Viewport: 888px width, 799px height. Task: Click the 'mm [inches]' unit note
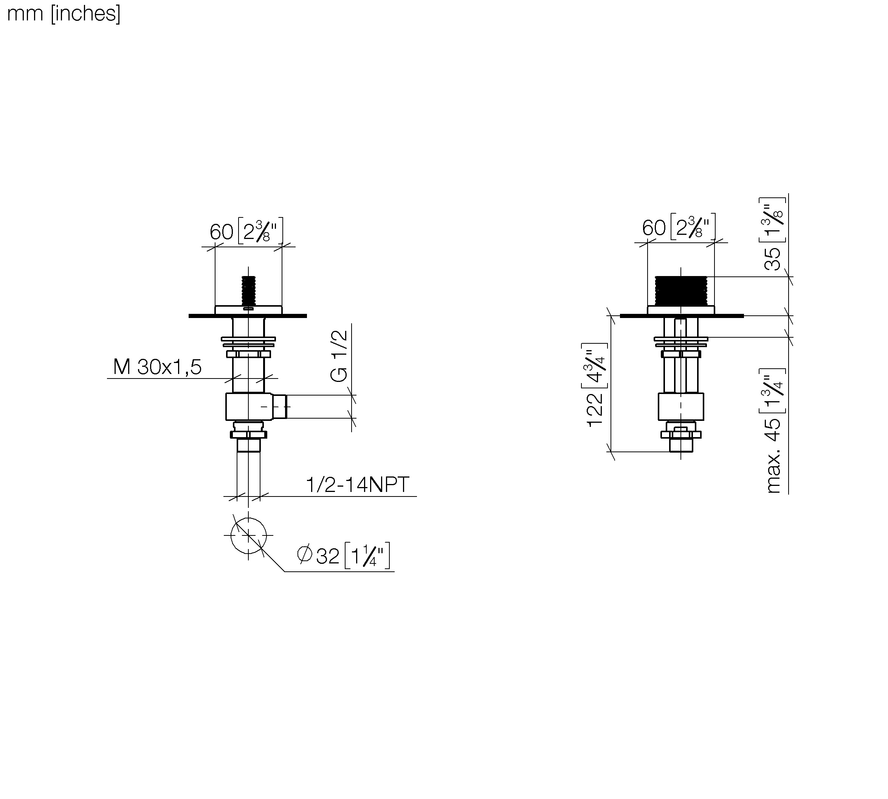pos(64,14)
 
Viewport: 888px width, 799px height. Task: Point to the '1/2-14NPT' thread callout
pos(357,485)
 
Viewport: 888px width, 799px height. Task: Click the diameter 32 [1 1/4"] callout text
pos(344,556)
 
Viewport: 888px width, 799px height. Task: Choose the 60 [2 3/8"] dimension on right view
pos(679,227)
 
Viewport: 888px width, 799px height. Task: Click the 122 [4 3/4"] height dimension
pos(596,385)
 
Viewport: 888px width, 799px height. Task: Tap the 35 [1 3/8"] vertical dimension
pos(773,234)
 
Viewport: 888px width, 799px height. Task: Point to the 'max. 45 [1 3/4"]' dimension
pos(773,431)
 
